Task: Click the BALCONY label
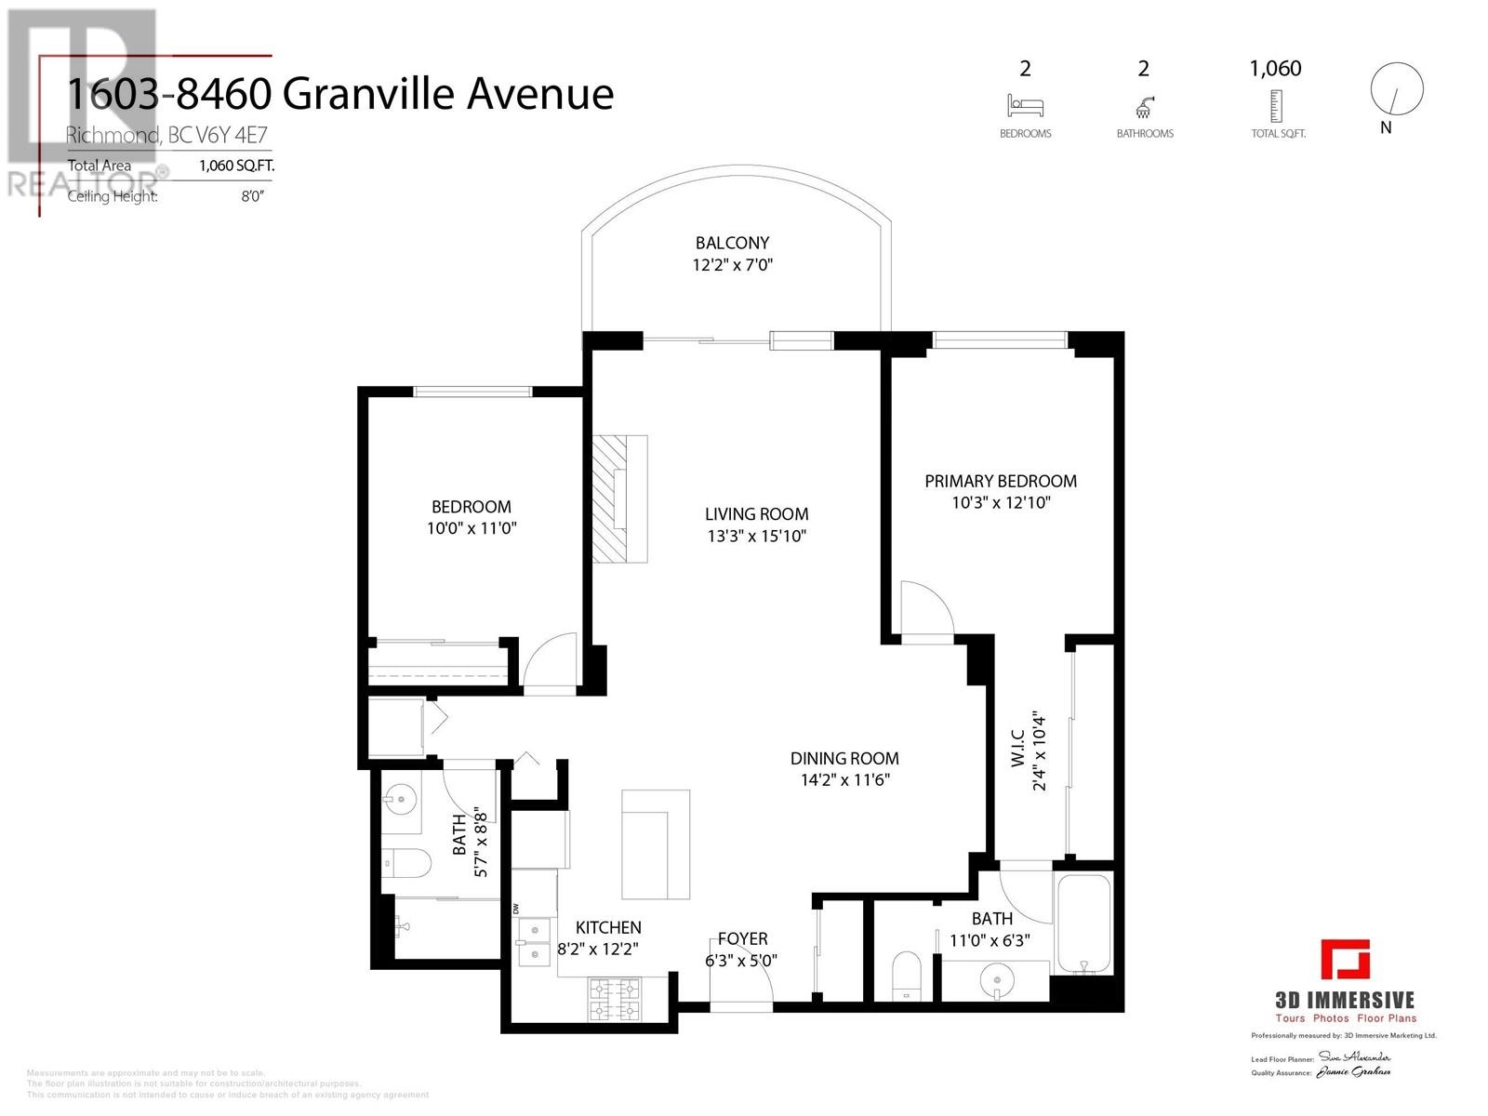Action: tap(732, 244)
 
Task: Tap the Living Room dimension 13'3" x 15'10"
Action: tap(756, 536)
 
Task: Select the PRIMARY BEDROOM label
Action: tap(1001, 481)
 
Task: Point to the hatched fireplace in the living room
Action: tap(620, 498)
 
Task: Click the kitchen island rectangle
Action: tap(656, 844)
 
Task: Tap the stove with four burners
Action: tap(615, 1000)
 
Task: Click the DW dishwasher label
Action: tap(517, 909)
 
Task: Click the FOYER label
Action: tap(742, 939)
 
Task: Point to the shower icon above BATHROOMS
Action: tap(1144, 105)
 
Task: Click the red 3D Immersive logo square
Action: tap(1346, 961)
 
